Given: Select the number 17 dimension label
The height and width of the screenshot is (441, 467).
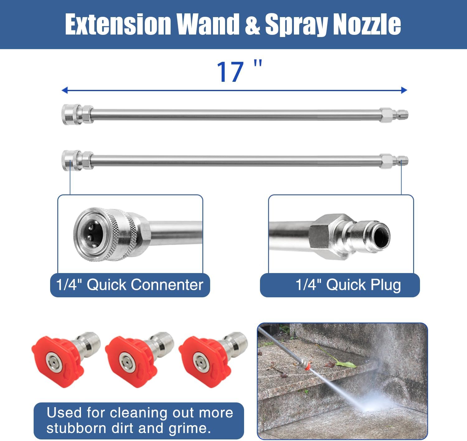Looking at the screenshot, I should [230, 72].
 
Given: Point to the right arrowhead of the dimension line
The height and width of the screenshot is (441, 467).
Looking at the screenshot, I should [404, 91].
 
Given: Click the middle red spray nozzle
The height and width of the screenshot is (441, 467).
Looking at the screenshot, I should [132, 361].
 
